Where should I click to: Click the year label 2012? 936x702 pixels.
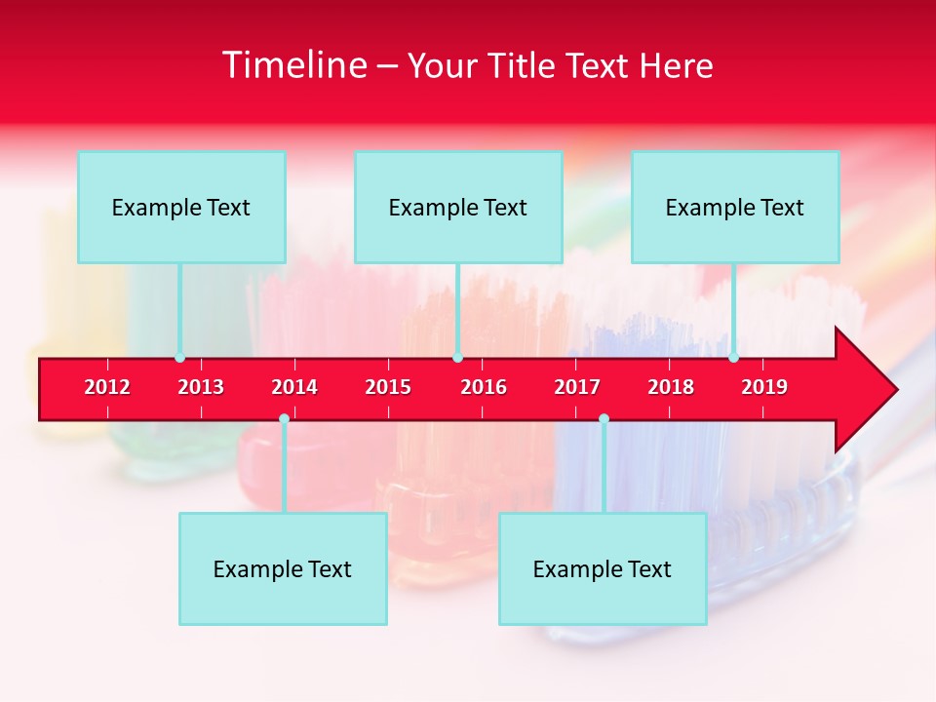pyautogui.click(x=107, y=387)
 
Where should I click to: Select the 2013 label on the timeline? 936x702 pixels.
pyautogui.click(x=201, y=387)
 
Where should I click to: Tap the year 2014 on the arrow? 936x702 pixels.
pyautogui.click(x=294, y=387)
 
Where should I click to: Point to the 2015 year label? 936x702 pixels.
pyautogui.click(x=388, y=387)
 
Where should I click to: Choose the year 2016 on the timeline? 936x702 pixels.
pyautogui.click(x=484, y=387)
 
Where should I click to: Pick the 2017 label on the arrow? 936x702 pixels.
pyautogui.click(x=577, y=387)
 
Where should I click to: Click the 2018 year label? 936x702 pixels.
pyautogui.click(x=671, y=387)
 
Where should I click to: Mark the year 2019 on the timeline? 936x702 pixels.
pyautogui.click(x=764, y=387)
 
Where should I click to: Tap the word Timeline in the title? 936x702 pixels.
pyautogui.click(x=293, y=65)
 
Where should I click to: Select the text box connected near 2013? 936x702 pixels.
pyautogui.click(x=181, y=207)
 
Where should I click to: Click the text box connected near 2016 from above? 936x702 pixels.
pyautogui.click(x=458, y=207)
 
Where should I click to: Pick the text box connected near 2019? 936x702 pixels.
pyautogui.click(x=735, y=207)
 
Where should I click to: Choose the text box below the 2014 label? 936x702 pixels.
pyautogui.click(x=283, y=568)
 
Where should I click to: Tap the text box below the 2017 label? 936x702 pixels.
pyautogui.click(x=603, y=568)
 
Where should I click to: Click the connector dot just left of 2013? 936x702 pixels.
pyautogui.click(x=179, y=358)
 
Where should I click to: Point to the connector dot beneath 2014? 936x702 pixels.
pyautogui.click(x=284, y=419)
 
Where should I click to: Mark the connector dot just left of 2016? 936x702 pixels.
pyautogui.click(x=457, y=358)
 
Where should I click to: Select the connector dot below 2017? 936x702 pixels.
pyautogui.click(x=604, y=419)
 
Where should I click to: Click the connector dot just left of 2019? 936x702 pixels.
pyautogui.click(x=733, y=358)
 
